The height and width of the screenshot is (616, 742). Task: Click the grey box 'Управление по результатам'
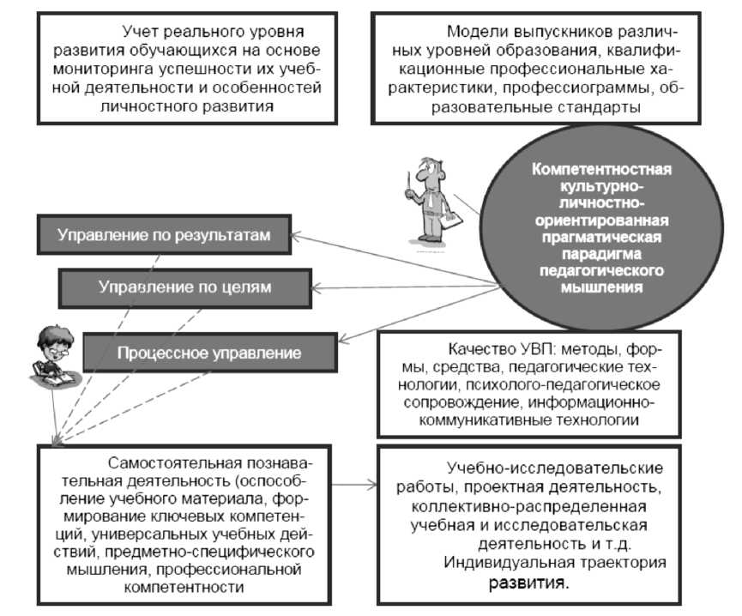(163, 234)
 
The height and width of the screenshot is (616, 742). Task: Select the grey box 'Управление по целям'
(184, 287)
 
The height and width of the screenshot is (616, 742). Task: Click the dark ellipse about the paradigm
(600, 228)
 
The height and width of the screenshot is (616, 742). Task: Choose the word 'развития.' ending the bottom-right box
(528, 584)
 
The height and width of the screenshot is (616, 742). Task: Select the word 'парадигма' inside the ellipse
(600, 255)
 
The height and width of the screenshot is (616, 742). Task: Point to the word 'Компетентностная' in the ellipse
(601, 169)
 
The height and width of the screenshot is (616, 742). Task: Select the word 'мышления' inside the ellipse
(600, 288)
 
